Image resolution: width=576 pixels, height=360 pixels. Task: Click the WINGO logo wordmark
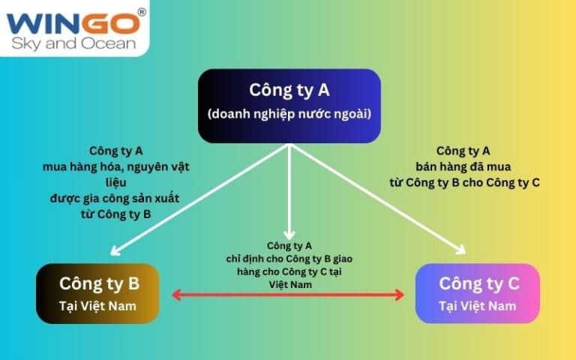pos(73,23)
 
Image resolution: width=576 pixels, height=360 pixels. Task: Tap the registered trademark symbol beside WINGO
pos(142,13)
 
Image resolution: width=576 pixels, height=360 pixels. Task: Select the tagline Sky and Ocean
pos(73,43)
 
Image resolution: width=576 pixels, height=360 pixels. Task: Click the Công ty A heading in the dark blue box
pos(289,90)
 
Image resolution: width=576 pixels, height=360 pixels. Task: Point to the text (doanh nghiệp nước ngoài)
pos(289,114)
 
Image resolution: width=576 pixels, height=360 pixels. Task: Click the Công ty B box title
pos(99,283)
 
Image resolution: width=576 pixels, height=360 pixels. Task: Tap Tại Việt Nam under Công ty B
pos(97,306)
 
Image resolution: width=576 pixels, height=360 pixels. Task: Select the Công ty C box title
pos(479,283)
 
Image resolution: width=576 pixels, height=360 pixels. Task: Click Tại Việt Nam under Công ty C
pos(478,306)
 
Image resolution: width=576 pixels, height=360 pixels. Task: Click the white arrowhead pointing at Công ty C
pos(462,250)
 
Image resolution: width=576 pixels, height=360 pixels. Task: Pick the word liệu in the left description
pos(116,182)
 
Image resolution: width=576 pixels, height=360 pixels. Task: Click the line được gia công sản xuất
pos(115,198)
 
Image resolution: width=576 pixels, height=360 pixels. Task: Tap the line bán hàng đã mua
pos(463,166)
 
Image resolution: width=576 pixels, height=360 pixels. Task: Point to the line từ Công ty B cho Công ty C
pos(465,182)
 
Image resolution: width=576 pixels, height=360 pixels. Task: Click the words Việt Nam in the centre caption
pos(290,285)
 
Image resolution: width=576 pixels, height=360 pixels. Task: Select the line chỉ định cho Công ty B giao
pos(289,259)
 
